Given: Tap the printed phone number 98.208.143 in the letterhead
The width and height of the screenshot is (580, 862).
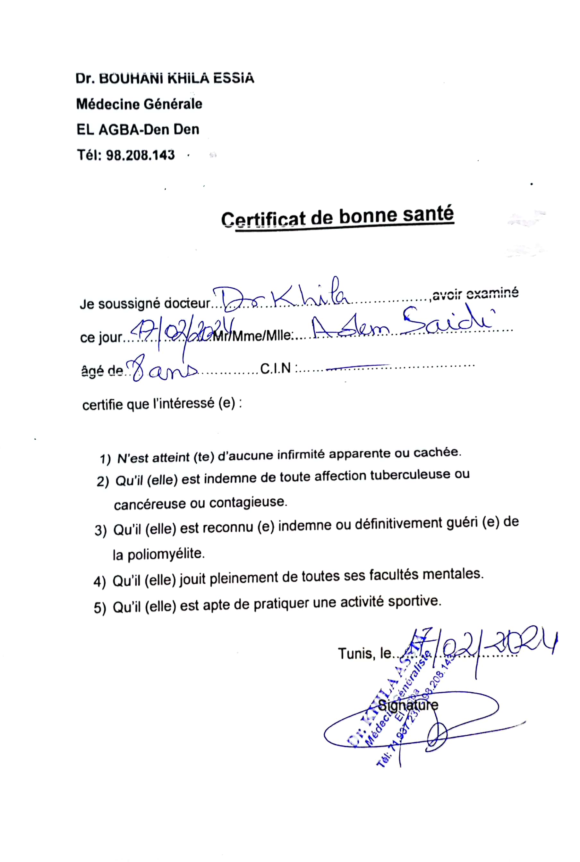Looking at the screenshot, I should (140, 155).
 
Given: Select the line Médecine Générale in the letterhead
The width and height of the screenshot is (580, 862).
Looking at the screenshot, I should (139, 104).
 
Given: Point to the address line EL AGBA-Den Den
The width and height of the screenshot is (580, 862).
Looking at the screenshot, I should (138, 130).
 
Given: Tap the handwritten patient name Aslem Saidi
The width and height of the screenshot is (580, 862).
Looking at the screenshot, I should (399, 324).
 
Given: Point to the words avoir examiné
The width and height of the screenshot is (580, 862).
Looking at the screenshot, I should (475, 294).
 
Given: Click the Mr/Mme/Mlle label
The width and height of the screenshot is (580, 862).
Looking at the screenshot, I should (253, 336).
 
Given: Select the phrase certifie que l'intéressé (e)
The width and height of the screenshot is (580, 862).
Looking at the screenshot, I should (162, 404).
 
